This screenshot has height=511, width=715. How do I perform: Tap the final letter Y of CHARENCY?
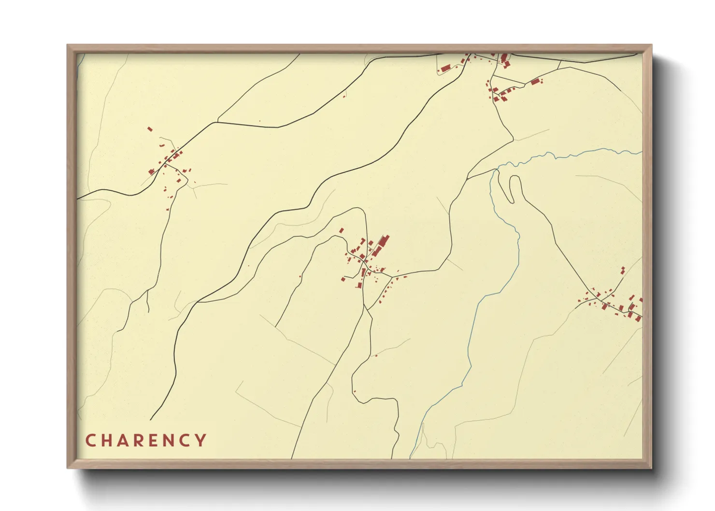[201, 440]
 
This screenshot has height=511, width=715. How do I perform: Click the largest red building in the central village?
[384, 241]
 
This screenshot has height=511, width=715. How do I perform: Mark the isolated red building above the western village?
[150, 129]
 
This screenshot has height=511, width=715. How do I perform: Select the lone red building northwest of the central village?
[341, 230]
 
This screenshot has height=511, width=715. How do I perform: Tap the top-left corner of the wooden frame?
[68, 45]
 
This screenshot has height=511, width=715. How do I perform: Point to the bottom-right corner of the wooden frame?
[651, 468]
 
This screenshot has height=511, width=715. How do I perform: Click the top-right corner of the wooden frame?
[651, 45]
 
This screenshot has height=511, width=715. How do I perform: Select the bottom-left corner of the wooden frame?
[68, 468]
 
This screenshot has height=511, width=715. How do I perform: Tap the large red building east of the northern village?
[534, 82]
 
